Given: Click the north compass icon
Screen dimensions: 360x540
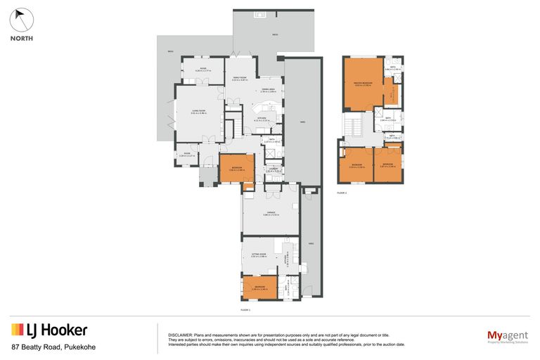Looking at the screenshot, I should [21, 20].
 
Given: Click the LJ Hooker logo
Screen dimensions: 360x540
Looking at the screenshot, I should [49, 330].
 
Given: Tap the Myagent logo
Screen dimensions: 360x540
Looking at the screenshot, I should [507, 335].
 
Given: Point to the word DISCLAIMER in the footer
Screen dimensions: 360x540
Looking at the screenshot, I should [179, 335].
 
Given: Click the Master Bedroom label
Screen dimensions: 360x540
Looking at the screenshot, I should [362, 84].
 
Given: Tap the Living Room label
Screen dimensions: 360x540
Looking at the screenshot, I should [198, 112].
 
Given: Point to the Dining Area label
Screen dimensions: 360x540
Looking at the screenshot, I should [269, 89].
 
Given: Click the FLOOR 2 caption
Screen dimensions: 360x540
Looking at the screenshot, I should [342, 191].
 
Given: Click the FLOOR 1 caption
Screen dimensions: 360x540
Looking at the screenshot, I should [245, 309].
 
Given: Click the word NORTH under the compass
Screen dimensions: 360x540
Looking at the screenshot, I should [21, 39].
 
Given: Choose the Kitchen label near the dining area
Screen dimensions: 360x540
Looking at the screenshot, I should [262, 118].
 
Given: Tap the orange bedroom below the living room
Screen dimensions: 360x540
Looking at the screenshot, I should [236, 169].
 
